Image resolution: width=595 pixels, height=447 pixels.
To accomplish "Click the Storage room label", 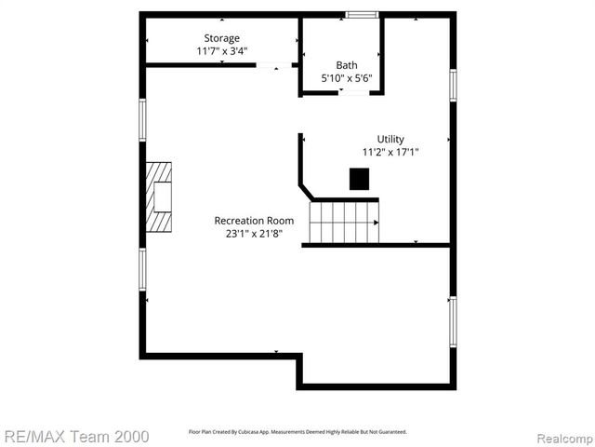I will [x=221, y=38].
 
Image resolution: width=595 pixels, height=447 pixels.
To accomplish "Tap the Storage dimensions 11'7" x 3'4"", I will [x=221, y=51].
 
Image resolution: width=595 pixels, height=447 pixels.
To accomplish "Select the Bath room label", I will [x=347, y=65].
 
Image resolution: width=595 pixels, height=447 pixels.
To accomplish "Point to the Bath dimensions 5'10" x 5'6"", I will [x=347, y=78].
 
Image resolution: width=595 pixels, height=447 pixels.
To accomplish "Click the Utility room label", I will [x=390, y=139].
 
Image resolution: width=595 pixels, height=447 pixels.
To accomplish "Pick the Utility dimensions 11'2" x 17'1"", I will [x=390, y=152].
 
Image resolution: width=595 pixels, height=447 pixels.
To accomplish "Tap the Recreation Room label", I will [x=254, y=221].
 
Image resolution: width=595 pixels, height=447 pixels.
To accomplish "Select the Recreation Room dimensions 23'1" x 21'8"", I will [x=254, y=234].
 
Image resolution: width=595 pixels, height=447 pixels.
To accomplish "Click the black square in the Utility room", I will [x=359, y=178].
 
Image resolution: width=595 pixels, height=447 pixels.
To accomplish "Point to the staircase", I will [x=344, y=222].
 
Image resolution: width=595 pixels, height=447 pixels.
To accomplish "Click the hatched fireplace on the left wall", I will [x=159, y=197].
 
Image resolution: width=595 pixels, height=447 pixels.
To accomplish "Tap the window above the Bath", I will [x=361, y=14].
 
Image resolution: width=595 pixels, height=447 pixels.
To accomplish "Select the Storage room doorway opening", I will [x=274, y=65].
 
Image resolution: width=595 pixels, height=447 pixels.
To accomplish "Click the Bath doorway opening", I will [x=355, y=92].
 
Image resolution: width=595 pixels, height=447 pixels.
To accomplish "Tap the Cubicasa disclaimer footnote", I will [x=297, y=432].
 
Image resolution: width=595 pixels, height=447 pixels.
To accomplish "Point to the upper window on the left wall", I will [x=143, y=119].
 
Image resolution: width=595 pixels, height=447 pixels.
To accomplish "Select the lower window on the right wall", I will [x=453, y=321].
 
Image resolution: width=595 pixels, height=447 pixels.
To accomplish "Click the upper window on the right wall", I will [x=453, y=85].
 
